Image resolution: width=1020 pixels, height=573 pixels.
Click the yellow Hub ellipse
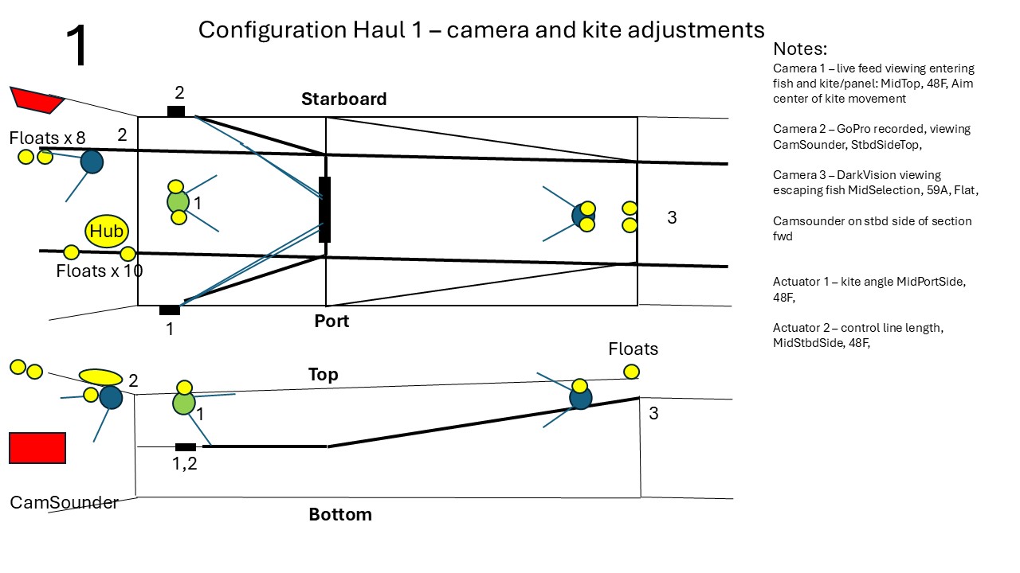107,231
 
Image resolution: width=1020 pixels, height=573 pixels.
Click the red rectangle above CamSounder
37,448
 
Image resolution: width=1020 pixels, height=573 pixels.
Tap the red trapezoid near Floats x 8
37,100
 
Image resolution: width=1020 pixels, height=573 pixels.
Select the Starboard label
343,99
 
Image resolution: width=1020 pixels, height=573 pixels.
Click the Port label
331,321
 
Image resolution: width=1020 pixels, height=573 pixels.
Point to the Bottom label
340,514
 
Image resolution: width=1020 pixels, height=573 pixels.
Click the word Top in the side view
324,374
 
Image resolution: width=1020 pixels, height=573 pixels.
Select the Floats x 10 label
100,271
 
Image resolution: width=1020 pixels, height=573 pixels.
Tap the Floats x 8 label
47,138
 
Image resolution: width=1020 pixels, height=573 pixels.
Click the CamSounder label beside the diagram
65,502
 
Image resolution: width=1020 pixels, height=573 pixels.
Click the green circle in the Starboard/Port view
178,202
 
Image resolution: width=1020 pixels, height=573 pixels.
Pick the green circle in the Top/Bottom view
184,403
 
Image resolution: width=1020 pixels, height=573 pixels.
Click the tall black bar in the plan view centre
324,209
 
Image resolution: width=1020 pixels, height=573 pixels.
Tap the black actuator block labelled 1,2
186,447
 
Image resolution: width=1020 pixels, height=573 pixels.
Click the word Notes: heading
800,49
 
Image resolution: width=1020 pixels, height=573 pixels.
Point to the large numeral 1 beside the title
77,45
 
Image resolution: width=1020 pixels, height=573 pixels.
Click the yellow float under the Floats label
631,372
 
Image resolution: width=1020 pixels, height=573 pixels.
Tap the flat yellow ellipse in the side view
100,377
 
